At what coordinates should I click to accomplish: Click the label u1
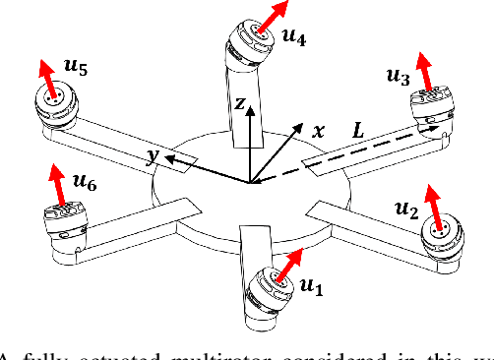[x=311, y=286]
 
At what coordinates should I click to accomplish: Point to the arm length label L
[x=362, y=129]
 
